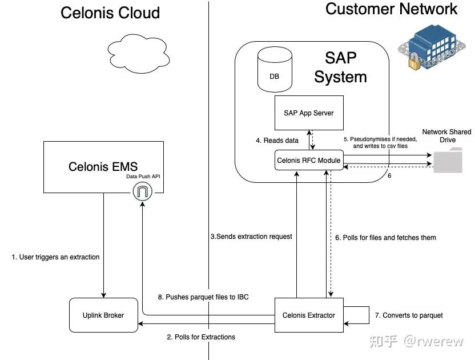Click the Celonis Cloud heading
[110, 13]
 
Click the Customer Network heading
[391, 9]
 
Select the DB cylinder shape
[274, 70]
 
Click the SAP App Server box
[308, 113]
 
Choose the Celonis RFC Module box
[309, 161]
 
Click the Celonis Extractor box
[309, 315]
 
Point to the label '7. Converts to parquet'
[409, 315]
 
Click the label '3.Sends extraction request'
[251, 237]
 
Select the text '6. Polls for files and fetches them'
[385, 238]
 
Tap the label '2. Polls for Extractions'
[201, 337]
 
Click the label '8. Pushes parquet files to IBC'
[203, 297]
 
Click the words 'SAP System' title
[340, 67]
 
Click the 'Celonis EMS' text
[103, 167]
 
